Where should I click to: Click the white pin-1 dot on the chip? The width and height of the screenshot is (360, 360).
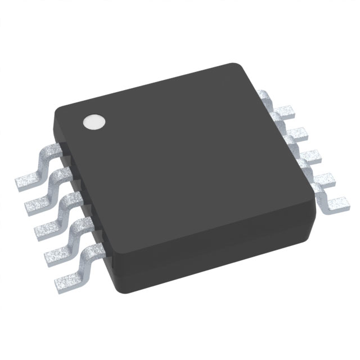pyautogui.click(x=94, y=122)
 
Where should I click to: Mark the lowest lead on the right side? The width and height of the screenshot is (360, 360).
pyautogui.click(x=333, y=204)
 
